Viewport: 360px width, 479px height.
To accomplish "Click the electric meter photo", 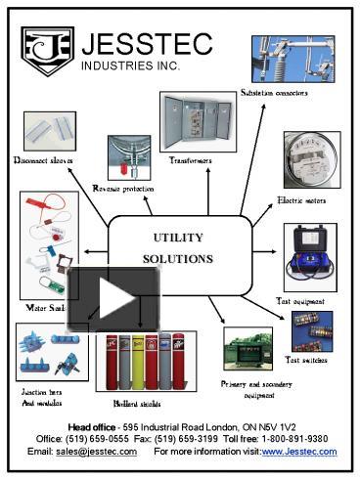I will click(x=310, y=160).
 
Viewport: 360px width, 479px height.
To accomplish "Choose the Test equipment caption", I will click(x=299, y=301).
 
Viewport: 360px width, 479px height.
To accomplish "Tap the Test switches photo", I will click(x=313, y=331).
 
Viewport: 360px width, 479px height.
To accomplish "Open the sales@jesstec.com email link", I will click(x=96, y=452).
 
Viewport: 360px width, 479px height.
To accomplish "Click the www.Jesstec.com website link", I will click(x=299, y=452).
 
